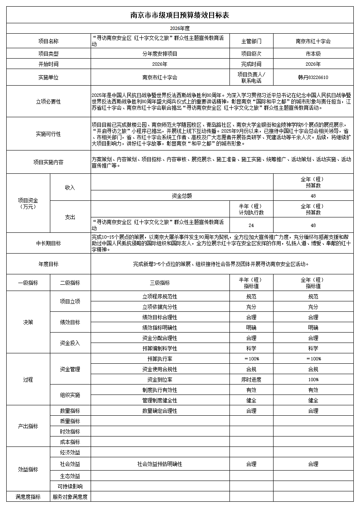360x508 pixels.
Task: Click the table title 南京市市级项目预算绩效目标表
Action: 180,15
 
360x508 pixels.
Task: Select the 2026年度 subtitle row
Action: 180,28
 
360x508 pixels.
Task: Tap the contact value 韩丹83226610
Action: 313,77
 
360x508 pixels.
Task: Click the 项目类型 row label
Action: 49,54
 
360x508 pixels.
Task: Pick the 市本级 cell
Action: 313,54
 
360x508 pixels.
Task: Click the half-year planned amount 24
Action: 251,225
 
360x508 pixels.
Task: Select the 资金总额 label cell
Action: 182,196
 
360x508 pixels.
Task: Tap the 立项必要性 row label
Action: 49,101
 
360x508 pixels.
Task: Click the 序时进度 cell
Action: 251,380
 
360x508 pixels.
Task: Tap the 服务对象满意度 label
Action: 70,497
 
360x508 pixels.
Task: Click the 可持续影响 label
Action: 70,486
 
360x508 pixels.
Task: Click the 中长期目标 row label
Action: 49,243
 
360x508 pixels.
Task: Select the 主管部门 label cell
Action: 251,41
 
